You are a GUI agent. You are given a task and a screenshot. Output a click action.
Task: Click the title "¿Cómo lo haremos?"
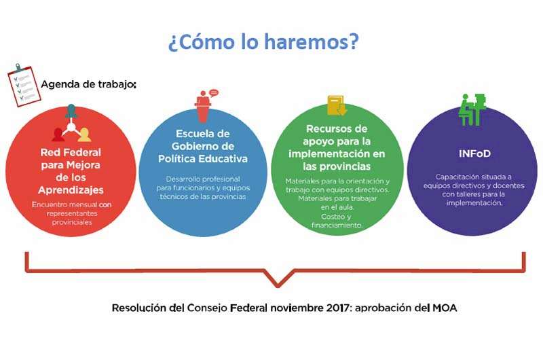tap(263, 41)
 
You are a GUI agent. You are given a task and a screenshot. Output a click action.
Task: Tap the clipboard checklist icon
tap(24, 85)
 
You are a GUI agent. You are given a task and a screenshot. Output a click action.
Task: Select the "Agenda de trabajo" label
tap(88, 84)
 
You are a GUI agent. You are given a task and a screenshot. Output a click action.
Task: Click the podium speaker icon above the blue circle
tap(206, 105)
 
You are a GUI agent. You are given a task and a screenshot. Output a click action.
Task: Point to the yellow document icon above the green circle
tap(337, 105)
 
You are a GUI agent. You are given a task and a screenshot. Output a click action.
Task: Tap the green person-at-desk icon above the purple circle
tap(472, 109)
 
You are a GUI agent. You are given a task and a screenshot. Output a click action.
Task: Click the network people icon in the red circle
tap(71, 124)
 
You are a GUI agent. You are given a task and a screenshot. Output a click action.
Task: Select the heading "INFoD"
tap(474, 154)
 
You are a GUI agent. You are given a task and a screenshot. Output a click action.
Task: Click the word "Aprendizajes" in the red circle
tap(71, 190)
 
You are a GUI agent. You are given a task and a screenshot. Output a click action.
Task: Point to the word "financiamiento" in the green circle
tap(337, 226)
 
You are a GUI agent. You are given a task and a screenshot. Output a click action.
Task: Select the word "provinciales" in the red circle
tap(72, 222)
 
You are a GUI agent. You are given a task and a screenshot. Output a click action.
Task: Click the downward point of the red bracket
tap(278, 286)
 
